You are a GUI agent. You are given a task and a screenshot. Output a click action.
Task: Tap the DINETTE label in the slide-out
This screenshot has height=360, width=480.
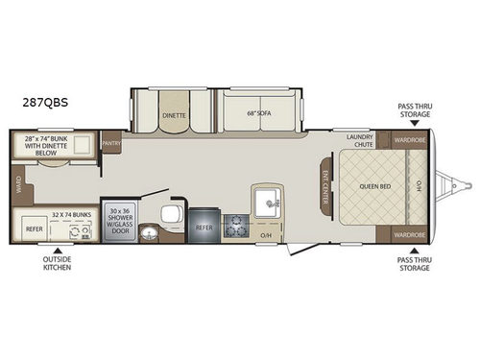(x=175, y=112)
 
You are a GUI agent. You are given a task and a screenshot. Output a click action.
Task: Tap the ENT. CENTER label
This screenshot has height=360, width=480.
(x=324, y=185)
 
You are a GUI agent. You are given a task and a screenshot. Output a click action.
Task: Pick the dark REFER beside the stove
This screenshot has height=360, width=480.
(x=204, y=228)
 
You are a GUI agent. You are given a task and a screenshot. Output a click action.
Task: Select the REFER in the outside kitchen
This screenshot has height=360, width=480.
(x=35, y=230)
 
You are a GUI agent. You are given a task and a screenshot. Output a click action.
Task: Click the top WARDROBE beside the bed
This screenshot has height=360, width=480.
(x=408, y=140)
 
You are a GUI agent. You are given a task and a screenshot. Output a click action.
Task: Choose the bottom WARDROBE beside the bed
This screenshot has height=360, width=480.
(x=408, y=234)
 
